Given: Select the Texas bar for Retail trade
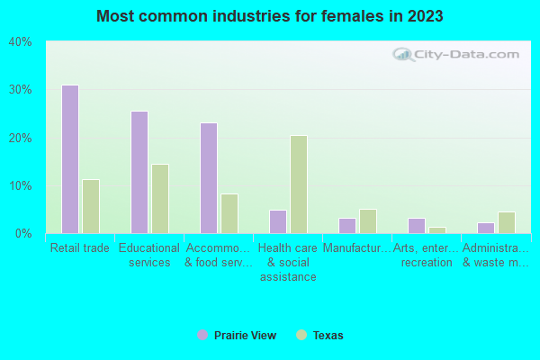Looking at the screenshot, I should pyautogui.click(x=90, y=206).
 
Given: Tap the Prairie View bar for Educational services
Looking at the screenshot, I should pyautogui.click(x=139, y=172).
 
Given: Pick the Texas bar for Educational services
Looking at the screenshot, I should pyautogui.click(x=159, y=199).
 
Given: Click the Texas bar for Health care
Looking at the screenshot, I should pyautogui.click(x=298, y=184).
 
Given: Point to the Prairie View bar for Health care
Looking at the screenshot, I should pyautogui.click(x=277, y=221).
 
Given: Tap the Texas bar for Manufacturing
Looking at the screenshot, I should pyautogui.click(x=367, y=221).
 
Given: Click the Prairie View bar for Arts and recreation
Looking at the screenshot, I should pyautogui.click(x=416, y=226).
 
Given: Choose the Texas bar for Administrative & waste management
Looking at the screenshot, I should pyautogui.click(x=506, y=222).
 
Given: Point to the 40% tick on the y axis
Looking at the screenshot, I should pyautogui.click(x=20, y=42).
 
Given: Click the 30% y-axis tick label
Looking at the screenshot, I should pyautogui.click(x=20, y=90).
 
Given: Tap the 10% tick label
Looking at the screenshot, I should pyautogui.click(x=20, y=186).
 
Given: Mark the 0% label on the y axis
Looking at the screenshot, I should pyautogui.click(x=22, y=234).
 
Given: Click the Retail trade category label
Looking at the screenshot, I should pyautogui.click(x=80, y=247).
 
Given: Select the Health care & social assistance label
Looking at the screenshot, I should pyautogui.click(x=288, y=262).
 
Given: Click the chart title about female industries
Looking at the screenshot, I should pyautogui.click(x=270, y=16).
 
